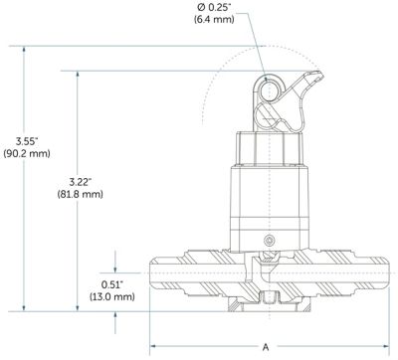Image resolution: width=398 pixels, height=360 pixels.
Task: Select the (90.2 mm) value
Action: pos(27,154)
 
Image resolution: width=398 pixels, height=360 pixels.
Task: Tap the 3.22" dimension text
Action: pos(80,182)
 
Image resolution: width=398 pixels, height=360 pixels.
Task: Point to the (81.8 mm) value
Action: pos(80,194)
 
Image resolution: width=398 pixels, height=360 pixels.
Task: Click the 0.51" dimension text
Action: pos(112,284)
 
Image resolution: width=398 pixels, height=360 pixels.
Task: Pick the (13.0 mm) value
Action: pos(112,296)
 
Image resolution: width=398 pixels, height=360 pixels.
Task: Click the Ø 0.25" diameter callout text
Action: pos(214,7)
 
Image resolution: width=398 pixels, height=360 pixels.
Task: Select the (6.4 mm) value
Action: pos(214,20)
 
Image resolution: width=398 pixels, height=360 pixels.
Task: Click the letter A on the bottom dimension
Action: pos(266,347)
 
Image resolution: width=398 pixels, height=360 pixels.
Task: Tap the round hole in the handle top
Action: pos(269,91)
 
